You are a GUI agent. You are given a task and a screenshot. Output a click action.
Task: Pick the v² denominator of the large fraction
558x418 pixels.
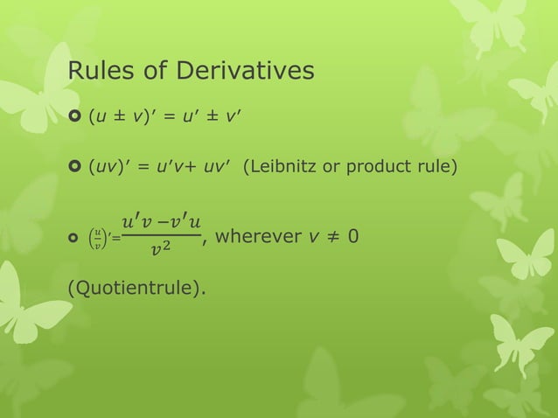pyautogui.click(x=158, y=252)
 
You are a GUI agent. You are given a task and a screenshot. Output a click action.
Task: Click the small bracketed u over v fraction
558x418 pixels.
pyautogui.click(x=98, y=239)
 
